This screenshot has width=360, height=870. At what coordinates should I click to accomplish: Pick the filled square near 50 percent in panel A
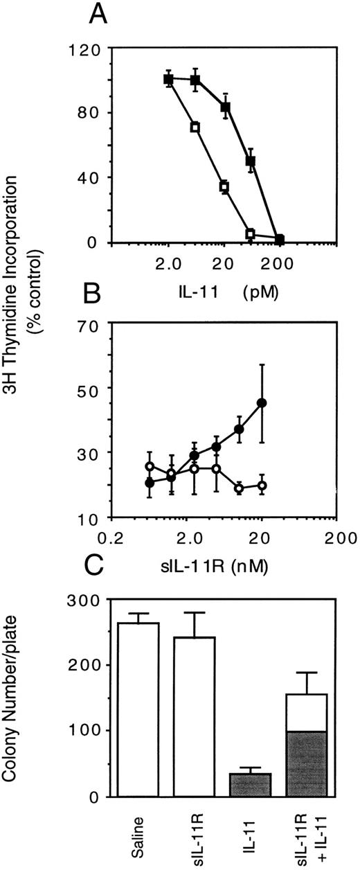click(251, 161)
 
